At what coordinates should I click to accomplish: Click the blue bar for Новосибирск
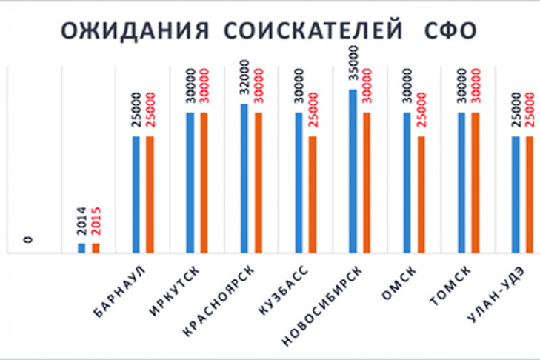click(x=353, y=171)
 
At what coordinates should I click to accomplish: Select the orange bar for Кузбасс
click(x=313, y=195)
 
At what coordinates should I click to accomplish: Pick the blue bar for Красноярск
click(x=244, y=179)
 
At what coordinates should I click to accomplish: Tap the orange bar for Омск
click(x=421, y=195)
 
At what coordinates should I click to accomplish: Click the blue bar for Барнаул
click(x=136, y=195)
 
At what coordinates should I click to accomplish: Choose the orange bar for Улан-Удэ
click(x=530, y=195)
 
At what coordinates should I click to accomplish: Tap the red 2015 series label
click(x=96, y=222)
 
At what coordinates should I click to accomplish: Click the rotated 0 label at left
click(x=28, y=239)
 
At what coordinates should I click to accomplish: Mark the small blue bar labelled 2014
click(x=81, y=247)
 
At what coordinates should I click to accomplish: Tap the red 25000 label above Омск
click(x=421, y=110)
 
